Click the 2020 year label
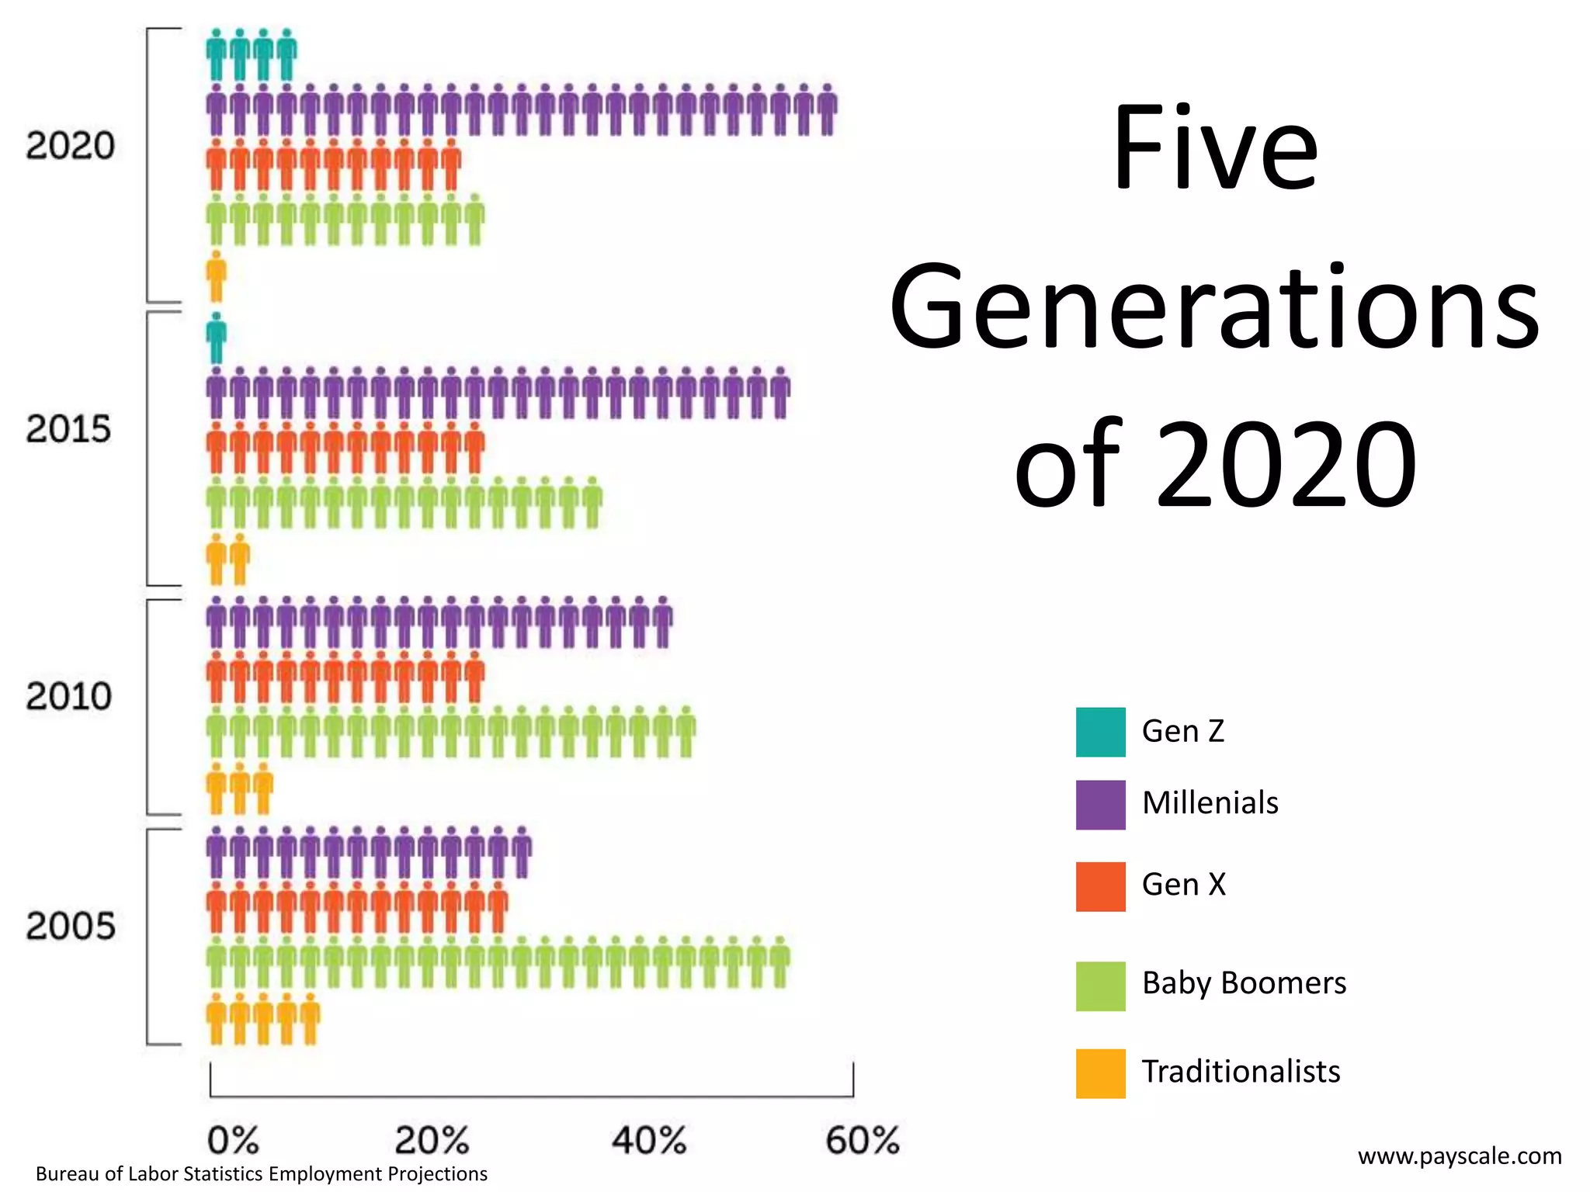click(70, 146)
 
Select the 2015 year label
click(68, 429)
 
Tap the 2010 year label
click(68, 696)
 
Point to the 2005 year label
click(70, 926)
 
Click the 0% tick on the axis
click(233, 1141)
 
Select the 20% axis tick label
click(432, 1141)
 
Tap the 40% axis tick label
click(649, 1141)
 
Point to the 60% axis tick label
click(862, 1141)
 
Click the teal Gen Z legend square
click(1100, 732)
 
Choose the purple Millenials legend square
click(1100, 805)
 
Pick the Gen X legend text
click(1183, 885)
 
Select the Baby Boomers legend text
click(1244, 983)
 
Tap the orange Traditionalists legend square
click(1100, 1073)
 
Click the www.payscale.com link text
click(1460, 1156)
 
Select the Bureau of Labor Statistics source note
click(262, 1174)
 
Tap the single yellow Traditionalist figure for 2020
click(217, 277)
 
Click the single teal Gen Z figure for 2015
click(217, 338)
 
